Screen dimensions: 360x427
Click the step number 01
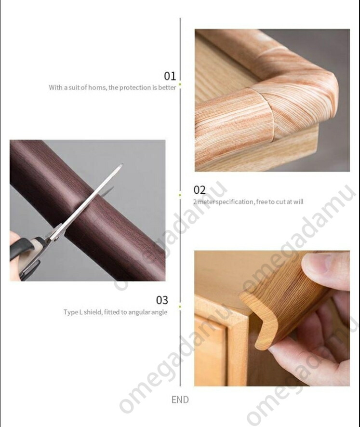coord(170,76)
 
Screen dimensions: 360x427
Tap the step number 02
coord(200,190)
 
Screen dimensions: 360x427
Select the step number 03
coord(162,300)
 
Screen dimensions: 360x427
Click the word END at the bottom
coord(180,400)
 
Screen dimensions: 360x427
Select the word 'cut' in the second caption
coord(280,202)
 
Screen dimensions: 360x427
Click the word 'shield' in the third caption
coord(93,312)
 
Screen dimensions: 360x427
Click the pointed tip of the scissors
coord(122,164)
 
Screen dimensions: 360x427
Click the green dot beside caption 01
coord(180,84)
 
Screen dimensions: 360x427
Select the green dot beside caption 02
coord(180,195)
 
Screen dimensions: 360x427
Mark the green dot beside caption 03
coord(180,307)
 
